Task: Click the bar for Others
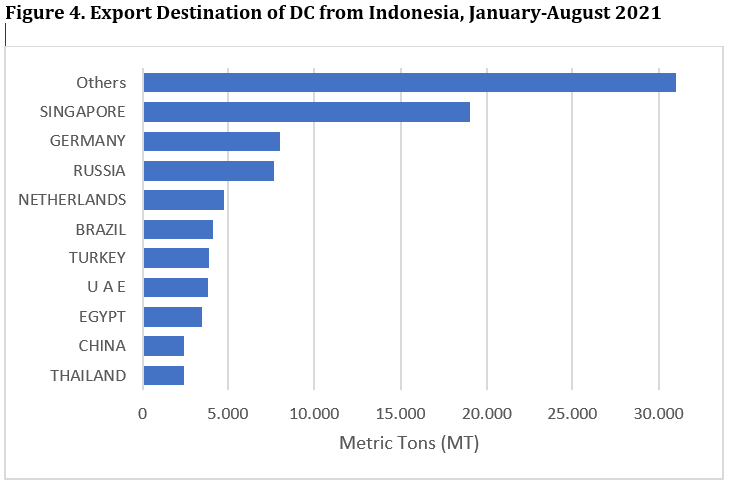click(409, 83)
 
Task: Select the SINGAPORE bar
click(306, 112)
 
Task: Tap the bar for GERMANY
click(211, 141)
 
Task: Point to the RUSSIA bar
click(208, 171)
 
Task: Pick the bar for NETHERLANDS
click(183, 200)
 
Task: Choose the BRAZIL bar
click(178, 230)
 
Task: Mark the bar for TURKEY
click(176, 258)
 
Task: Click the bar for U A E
click(176, 288)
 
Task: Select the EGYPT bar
click(173, 317)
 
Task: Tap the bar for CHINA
click(164, 346)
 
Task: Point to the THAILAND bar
click(164, 376)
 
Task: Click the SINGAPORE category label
click(84, 112)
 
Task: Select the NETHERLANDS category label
click(72, 200)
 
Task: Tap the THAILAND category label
click(88, 376)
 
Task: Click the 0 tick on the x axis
click(143, 412)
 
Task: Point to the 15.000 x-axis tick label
click(400, 412)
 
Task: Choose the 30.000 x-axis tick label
click(658, 412)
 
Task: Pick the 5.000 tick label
click(228, 412)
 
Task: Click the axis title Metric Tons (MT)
click(409, 442)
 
